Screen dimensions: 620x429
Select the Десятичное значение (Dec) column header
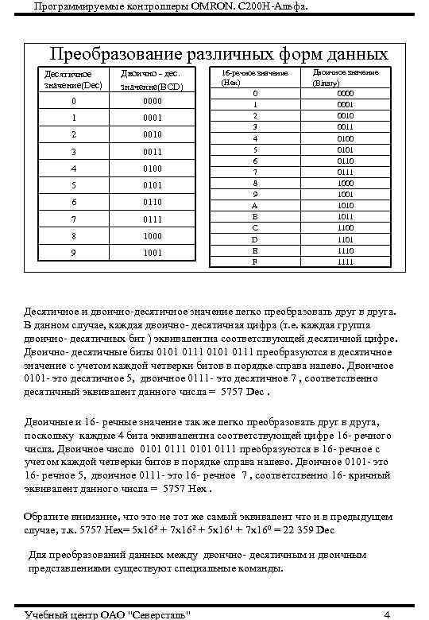point(72,79)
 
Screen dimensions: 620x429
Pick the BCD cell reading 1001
point(152,253)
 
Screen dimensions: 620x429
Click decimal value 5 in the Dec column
point(73,185)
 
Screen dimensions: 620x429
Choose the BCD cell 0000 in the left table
point(152,102)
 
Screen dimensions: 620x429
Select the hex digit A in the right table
point(255,204)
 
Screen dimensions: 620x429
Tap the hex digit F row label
point(255,262)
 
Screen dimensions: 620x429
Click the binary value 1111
point(345,262)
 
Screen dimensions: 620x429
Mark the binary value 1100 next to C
point(345,227)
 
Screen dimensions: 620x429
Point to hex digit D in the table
point(255,238)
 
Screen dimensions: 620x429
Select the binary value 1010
point(345,204)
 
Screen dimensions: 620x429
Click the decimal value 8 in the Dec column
point(73,236)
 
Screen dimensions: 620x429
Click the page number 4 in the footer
point(387,614)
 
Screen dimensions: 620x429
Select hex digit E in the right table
point(255,250)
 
